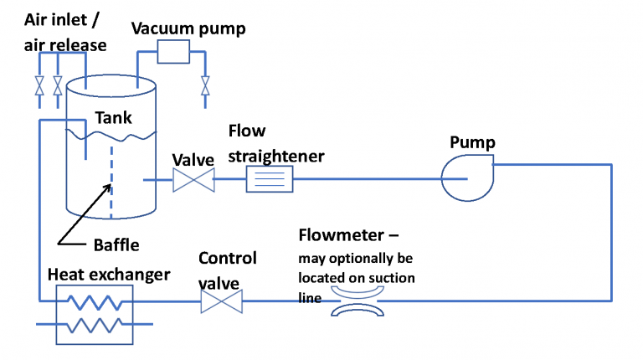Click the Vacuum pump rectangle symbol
[175, 53]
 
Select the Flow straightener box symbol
[269, 179]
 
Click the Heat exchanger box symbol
[94, 314]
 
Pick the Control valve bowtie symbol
[222, 301]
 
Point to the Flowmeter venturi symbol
[354, 301]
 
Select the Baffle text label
[116, 245]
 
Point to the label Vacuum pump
[188, 28]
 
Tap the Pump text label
[472, 142]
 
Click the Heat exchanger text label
[109, 275]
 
